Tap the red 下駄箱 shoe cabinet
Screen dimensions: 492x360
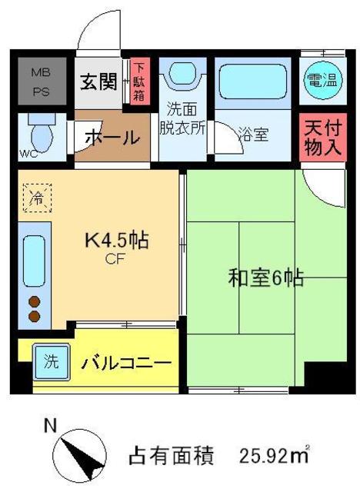click(139, 82)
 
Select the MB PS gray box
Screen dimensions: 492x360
click(40, 81)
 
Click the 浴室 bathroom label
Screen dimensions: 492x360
click(252, 135)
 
